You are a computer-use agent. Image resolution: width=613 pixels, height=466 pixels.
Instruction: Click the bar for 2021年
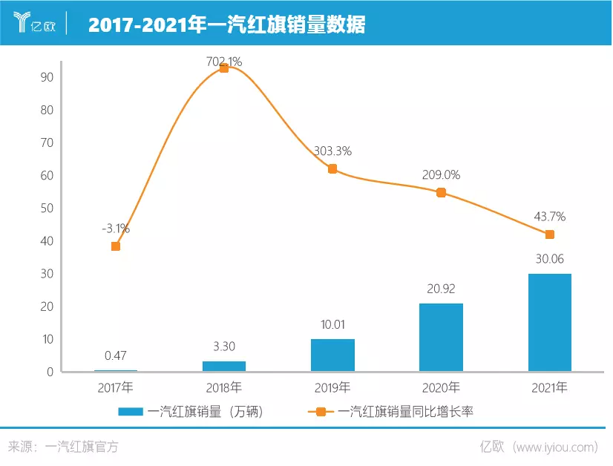(550, 323)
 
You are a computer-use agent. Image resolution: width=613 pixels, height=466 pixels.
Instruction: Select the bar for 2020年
(441, 338)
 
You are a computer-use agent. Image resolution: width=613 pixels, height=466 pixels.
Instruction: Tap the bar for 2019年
(332, 355)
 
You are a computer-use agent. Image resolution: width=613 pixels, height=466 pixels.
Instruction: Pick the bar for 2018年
(224, 366)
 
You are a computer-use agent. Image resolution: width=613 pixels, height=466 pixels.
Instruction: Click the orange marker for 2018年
(224, 68)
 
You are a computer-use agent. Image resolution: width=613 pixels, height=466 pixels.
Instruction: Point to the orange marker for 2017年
(116, 246)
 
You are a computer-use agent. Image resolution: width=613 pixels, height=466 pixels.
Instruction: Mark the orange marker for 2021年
(550, 234)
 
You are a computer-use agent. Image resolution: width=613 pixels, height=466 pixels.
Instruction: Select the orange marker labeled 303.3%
(332, 168)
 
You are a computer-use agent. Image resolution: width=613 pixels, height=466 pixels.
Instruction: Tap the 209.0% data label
(441, 175)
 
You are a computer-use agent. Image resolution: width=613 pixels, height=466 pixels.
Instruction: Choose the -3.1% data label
(116, 229)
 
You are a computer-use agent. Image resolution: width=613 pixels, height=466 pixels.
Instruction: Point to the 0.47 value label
(116, 355)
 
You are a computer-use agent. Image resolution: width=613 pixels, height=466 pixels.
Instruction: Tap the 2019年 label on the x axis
(332, 387)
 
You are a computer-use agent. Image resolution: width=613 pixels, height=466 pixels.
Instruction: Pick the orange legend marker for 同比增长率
(321, 412)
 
